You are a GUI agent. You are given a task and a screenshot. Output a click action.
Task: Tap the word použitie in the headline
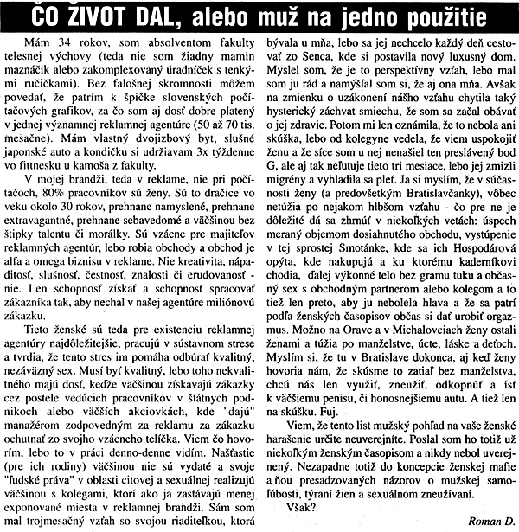coord(458,16)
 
